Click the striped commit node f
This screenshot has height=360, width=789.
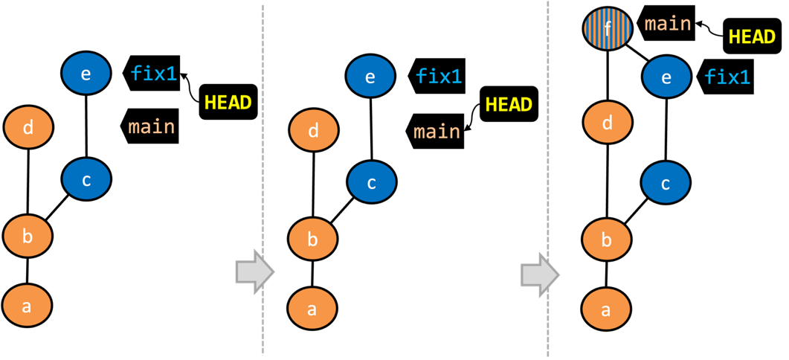click(608, 29)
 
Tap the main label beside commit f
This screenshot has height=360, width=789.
click(668, 24)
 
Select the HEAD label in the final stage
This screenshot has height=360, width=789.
click(752, 37)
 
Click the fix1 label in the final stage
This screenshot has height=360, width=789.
click(727, 77)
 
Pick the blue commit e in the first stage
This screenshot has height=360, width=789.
click(86, 73)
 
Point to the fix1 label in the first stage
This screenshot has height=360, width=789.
click(154, 73)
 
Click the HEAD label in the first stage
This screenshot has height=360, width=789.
click(228, 103)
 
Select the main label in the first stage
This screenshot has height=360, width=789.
click(152, 126)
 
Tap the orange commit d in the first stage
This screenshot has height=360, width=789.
click(28, 127)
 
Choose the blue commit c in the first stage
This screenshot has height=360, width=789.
click(86, 179)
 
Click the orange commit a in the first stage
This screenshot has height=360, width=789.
click(27, 305)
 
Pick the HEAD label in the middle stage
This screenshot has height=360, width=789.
click(509, 105)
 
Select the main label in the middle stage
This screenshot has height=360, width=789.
click(437, 132)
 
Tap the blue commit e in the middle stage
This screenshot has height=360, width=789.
click(371, 77)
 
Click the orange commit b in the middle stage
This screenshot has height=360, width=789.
click(313, 240)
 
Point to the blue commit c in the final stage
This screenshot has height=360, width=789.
click(666, 183)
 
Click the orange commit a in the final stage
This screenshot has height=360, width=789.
click(606, 309)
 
